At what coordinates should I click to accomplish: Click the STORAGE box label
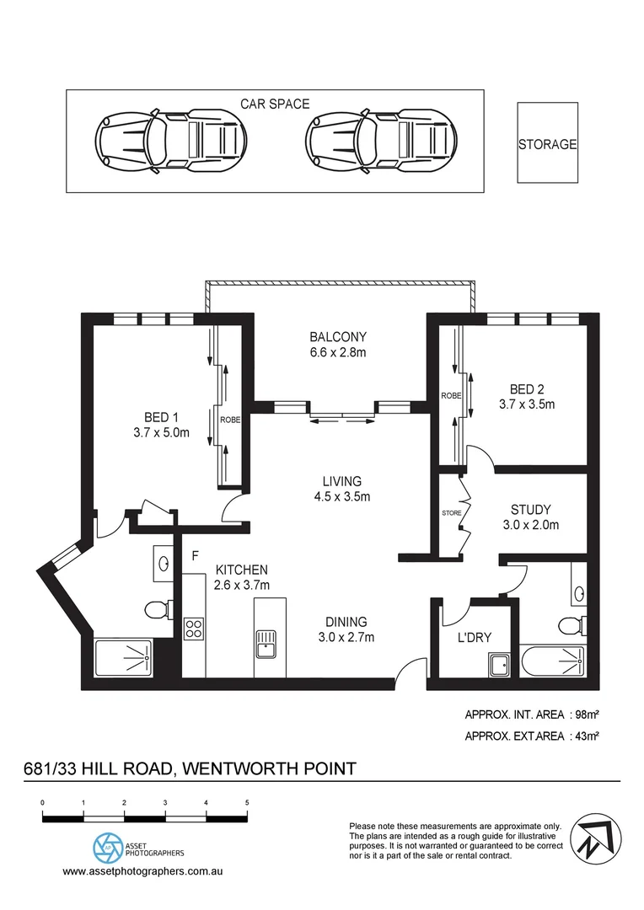pos(547,144)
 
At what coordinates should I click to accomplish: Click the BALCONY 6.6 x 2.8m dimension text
pos(338,352)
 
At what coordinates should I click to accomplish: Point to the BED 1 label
pos(161,416)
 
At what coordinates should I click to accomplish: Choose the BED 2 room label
pos(527,389)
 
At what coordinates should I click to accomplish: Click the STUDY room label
pos(531,509)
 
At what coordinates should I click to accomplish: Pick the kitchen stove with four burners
pos(194,629)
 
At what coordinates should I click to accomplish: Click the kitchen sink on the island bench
pos(265,643)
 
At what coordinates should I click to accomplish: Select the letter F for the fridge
pos(195,556)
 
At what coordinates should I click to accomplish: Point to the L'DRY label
pos(474,637)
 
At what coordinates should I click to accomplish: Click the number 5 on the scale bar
pos(247,802)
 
